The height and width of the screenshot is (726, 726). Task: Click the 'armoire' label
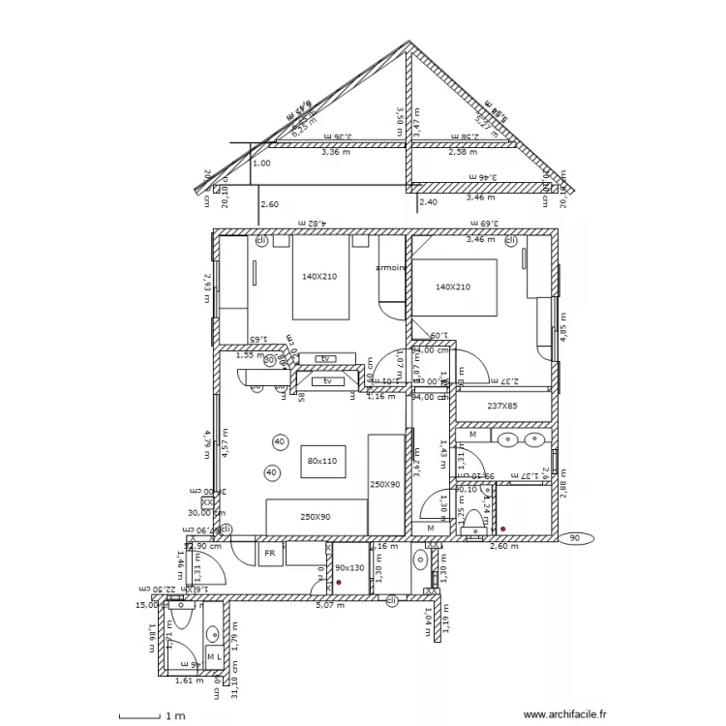coord(390,268)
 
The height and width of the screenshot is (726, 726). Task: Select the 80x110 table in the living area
coord(320,461)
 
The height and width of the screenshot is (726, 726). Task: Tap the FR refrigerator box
coord(270,554)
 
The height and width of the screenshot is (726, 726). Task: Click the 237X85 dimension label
coord(503,407)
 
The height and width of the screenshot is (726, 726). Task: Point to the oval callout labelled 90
coord(576,538)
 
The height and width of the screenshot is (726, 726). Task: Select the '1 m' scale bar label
coord(175,717)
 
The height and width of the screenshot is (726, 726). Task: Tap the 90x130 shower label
coord(350,568)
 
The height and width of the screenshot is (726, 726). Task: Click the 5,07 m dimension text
coord(331,605)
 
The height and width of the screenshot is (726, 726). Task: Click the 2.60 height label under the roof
coord(269,204)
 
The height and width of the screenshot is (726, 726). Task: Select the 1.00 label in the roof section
coord(261,164)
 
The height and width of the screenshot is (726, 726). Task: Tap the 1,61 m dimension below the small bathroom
coord(189,681)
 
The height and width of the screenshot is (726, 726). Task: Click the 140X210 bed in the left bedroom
coord(320,278)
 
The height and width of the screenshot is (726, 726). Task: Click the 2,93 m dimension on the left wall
coord(206,287)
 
